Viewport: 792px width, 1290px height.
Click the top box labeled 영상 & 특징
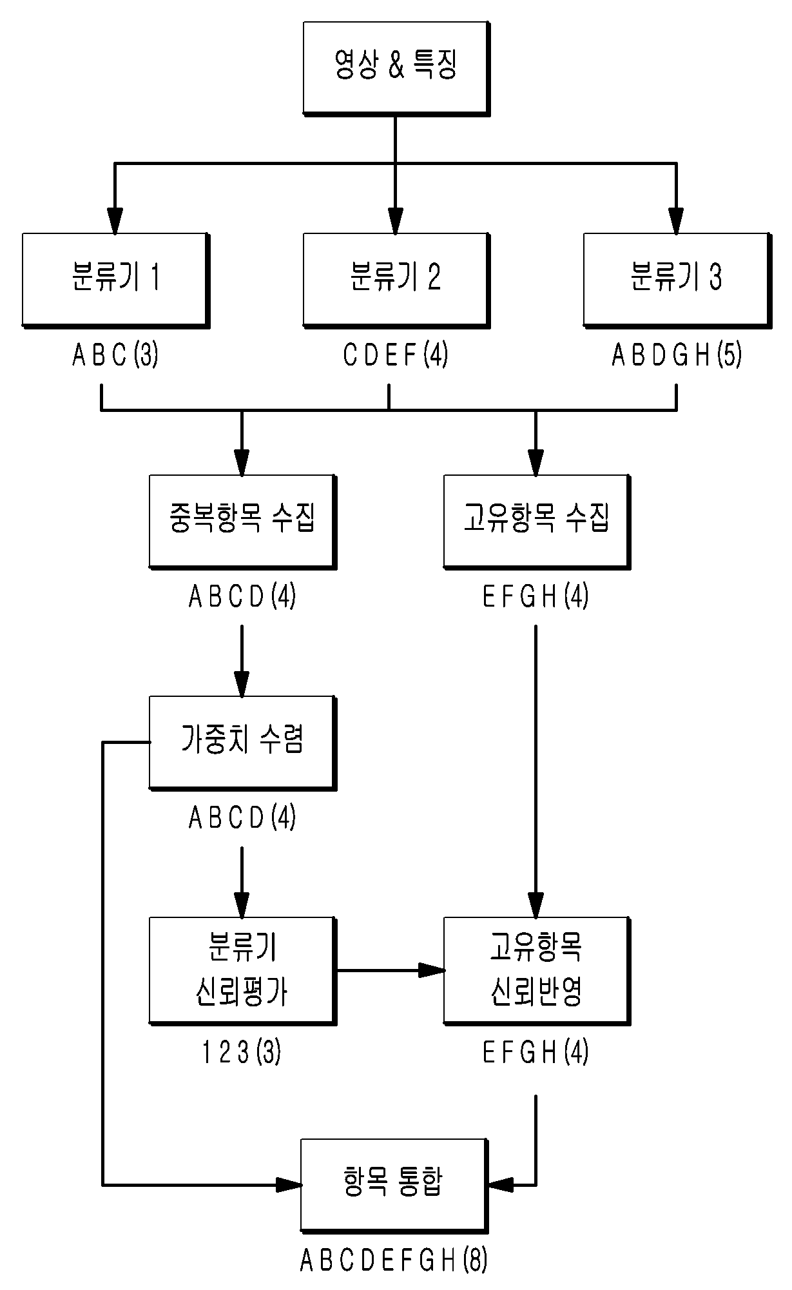click(x=396, y=69)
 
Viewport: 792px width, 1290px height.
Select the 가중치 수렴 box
click(x=242, y=743)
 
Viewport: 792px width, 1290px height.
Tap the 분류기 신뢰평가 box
click(x=242, y=971)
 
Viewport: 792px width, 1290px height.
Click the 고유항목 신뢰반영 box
click(x=537, y=971)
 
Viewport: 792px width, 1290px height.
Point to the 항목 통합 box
click(x=394, y=1185)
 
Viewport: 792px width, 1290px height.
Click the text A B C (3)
click(x=115, y=355)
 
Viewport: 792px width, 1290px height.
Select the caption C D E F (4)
click(x=396, y=355)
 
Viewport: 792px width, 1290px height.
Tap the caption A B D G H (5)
click(x=677, y=355)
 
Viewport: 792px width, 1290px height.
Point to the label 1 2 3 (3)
click(x=242, y=1053)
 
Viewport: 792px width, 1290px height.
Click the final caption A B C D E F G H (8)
click(x=394, y=1260)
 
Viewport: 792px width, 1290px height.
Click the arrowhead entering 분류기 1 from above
click(x=115, y=220)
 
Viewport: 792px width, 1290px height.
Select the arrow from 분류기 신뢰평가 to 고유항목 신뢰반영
click(x=391, y=970)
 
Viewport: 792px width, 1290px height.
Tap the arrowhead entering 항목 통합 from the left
click(x=289, y=1184)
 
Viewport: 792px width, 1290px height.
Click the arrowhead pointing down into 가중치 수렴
click(x=242, y=684)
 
